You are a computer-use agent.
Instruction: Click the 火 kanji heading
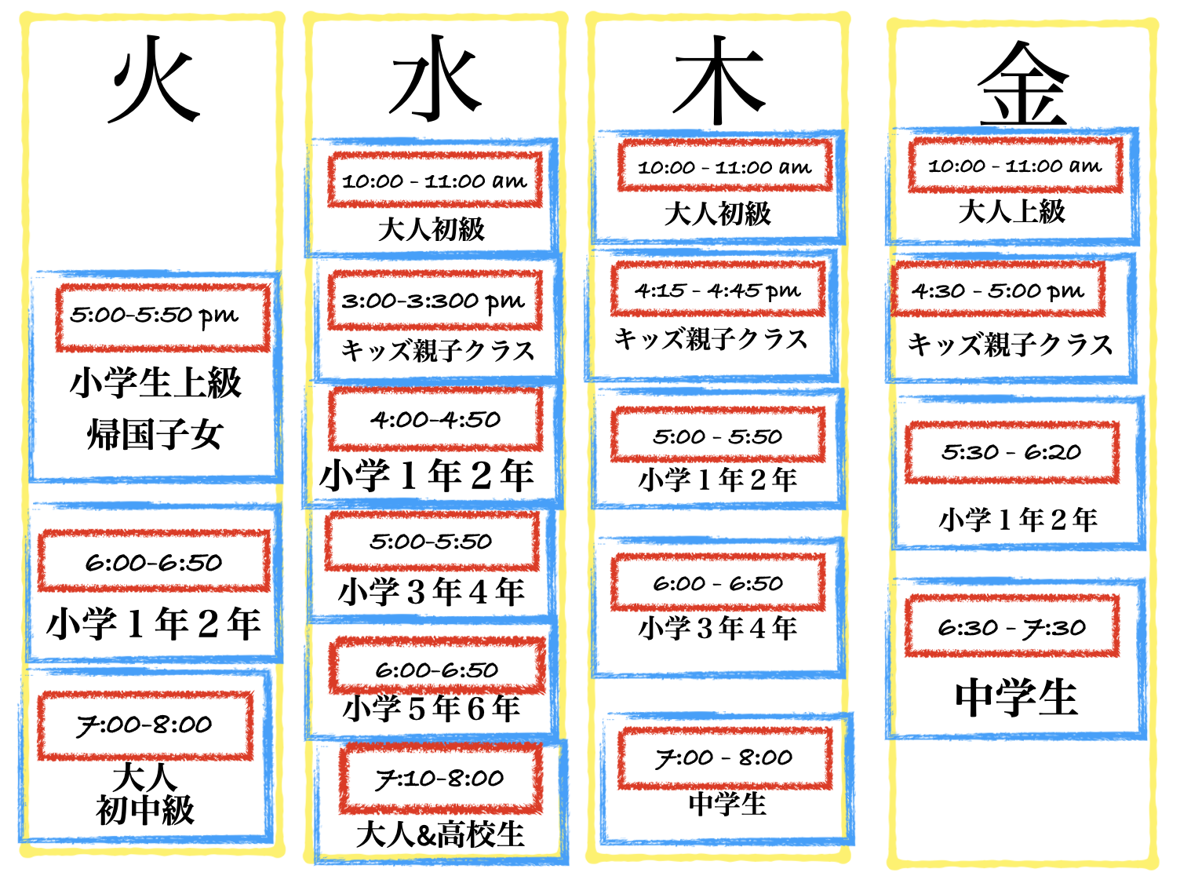155,79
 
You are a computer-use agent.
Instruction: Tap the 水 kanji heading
435,78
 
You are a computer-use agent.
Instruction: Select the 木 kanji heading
719,81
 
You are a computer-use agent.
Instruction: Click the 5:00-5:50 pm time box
162,317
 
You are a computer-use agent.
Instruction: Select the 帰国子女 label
155,434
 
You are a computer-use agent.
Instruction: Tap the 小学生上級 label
156,382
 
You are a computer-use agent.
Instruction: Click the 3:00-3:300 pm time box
435,300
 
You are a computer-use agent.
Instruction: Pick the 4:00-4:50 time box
435,419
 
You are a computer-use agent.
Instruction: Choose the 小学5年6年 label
432,708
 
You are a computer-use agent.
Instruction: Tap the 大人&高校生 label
439,835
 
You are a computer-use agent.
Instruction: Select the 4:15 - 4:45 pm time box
718,290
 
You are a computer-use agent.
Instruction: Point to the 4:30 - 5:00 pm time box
998,290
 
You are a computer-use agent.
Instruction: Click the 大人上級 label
1012,211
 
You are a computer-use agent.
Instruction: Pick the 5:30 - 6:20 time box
1012,452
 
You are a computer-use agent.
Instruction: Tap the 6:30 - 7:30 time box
1012,626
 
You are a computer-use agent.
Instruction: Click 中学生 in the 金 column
1016,697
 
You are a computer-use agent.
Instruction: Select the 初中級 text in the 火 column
145,810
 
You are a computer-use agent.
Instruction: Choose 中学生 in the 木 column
727,804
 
